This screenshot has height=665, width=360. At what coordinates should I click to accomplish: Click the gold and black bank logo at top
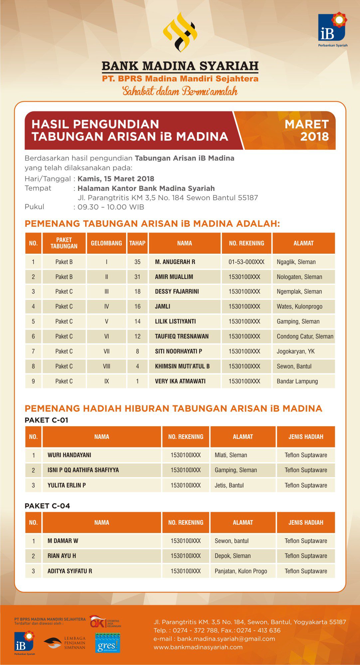pyautogui.click(x=180, y=33)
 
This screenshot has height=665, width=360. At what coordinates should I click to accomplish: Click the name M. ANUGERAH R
pyautogui.click(x=175, y=262)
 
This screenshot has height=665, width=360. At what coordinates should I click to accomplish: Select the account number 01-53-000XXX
pyautogui.click(x=246, y=262)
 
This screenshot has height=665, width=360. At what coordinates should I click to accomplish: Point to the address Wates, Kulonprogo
pyautogui.click(x=299, y=307)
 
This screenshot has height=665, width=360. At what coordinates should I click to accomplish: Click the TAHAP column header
pyautogui.click(x=137, y=243)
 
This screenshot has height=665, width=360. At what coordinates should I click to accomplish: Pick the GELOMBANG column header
pyautogui.click(x=106, y=243)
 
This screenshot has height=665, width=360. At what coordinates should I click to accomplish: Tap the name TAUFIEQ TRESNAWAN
pyautogui.click(x=182, y=336)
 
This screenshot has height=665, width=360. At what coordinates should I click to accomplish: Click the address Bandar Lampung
pyautogui.click(x=297, y=381)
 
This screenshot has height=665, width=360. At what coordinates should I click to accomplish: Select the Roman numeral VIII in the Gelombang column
pyautogui.click(x=106, y=366)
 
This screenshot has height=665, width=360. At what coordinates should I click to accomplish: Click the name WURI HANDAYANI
pyautogui.click(x=69, y=455)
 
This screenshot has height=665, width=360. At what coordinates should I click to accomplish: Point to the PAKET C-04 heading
pyautogui.click(x=47, y=506)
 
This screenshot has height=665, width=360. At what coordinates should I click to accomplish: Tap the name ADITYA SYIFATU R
pyautogui.click(x=70, y=571)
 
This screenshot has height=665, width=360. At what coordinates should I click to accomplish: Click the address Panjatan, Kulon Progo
pyautogui.click(x=241, y=571)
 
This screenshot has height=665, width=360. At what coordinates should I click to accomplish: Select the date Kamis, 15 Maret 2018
pyautogui.click(x=116, y=179)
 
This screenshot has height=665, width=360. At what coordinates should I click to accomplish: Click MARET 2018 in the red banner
pyautogui.click(x=306, y=130)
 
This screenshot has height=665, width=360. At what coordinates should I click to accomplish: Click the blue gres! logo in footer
pyautogui.click(x=107, y=643)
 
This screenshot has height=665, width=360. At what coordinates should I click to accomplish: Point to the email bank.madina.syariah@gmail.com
pyautogui.click(x=226, y=639)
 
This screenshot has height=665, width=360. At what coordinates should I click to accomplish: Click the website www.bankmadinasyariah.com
pyautogui.click(x=198, y=647)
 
